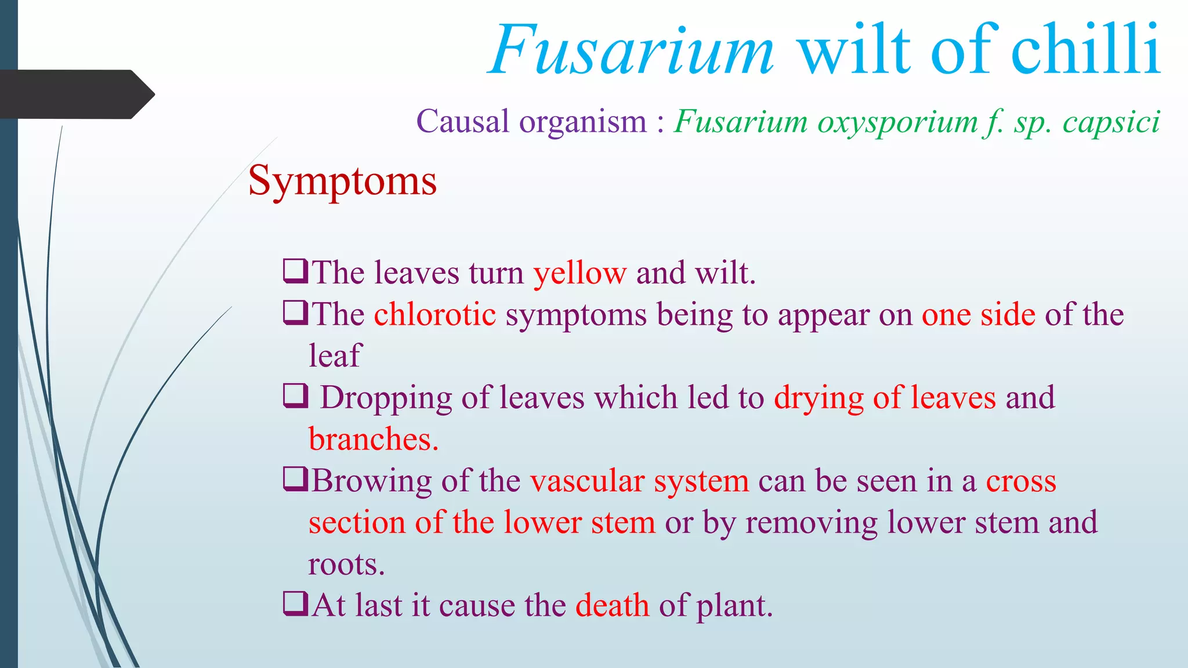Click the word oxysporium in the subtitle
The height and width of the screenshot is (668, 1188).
[898, 122]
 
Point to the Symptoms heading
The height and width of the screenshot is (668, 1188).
[342, 181]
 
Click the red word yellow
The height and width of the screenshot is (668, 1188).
[580, 273]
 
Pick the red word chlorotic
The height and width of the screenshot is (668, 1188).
[435, 314]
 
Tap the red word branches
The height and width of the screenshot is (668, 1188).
[373, 440]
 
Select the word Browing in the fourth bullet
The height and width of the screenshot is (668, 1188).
[371, 481]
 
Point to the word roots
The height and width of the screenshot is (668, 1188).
[346, 564]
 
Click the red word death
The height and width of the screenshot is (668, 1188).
[613, 605]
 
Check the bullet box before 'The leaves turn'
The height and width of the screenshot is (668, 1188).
[295, 271]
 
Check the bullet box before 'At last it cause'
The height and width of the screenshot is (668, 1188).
[295, 603]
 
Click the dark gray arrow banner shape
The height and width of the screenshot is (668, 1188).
[75, 94]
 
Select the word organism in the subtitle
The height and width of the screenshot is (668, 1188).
[582, 122]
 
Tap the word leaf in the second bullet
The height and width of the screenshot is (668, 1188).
[335, 356]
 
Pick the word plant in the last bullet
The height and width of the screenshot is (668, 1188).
[734, 605]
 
